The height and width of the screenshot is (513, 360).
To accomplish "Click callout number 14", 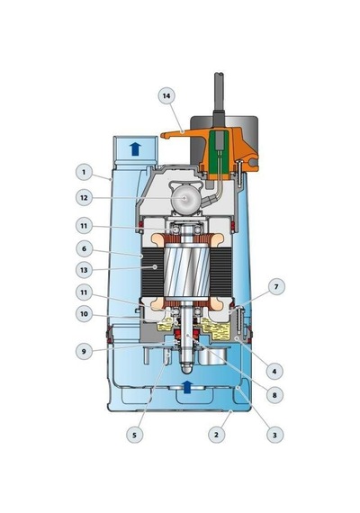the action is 166,96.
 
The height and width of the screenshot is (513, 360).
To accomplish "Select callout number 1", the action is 84,172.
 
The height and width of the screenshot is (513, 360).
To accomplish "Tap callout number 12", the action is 84,198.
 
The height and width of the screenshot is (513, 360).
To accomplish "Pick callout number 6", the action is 84,249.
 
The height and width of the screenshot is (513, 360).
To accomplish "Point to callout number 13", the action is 84,270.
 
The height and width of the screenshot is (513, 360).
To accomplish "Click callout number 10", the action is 84,314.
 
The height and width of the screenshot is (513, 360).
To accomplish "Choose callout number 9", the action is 84,351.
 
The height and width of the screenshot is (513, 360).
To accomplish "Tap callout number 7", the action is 276,286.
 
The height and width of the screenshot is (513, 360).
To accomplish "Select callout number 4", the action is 274,372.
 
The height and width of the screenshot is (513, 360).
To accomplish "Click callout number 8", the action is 274,395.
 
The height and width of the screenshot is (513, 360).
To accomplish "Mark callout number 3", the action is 274,435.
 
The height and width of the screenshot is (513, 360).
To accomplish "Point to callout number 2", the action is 216,435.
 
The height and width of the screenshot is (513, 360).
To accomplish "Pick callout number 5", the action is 134,435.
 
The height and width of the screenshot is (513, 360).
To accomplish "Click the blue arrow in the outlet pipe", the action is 135,148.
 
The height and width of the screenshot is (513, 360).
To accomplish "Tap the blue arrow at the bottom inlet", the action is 187,387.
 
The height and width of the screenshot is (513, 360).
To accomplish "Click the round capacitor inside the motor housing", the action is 185,198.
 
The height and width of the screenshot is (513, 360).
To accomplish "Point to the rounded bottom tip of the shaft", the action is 186,369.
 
